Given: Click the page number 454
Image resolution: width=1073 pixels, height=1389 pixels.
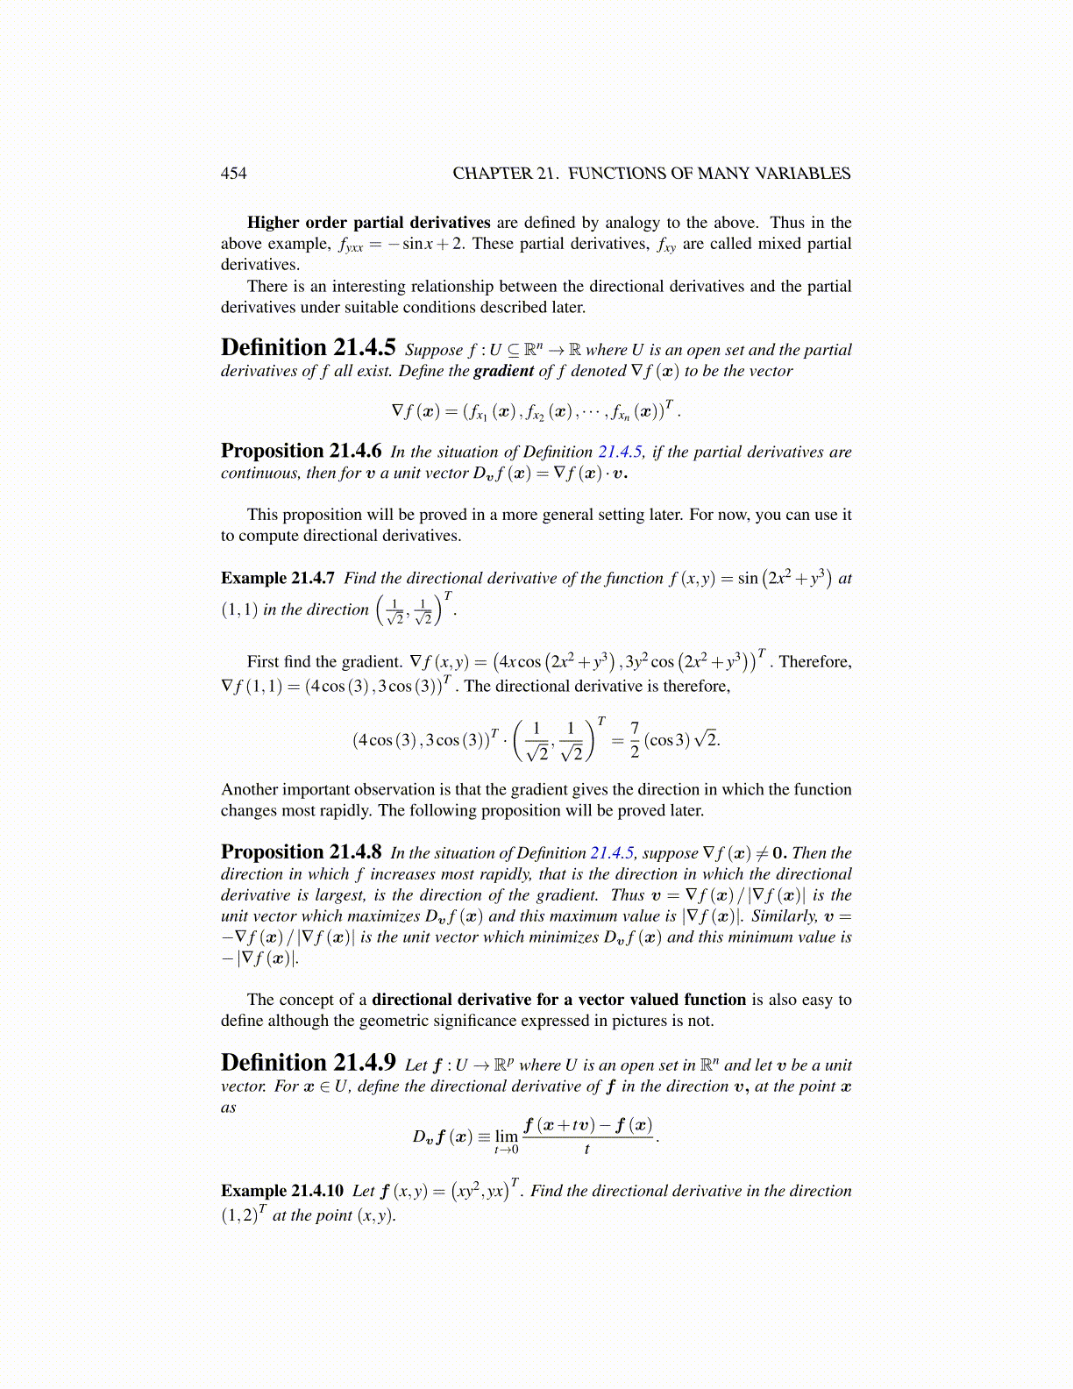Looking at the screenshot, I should [233, 173].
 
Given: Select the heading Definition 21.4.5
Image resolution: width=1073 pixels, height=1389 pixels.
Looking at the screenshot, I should [308, 348].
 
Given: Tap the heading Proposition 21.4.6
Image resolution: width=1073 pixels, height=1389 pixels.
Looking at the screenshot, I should [301, 451].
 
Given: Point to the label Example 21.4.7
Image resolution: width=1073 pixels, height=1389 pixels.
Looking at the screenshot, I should [278, 578].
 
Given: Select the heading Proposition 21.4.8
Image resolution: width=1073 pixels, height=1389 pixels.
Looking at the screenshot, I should [301, 851].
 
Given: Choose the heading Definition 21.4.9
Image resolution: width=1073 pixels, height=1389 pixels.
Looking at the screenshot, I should [308, 1063].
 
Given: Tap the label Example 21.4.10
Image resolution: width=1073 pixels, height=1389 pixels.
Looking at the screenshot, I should [281, 1190].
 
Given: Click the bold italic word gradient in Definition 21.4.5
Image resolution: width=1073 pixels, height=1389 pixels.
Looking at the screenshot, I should [503, 370].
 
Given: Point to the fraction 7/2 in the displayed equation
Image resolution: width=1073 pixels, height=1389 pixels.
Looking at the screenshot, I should [635, 739].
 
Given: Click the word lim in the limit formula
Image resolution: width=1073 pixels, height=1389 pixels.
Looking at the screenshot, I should [507, 1136].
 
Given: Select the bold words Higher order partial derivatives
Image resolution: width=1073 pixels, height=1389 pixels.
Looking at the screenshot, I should [368, 222].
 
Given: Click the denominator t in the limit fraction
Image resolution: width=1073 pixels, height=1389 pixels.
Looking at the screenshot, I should [586, 1149].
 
